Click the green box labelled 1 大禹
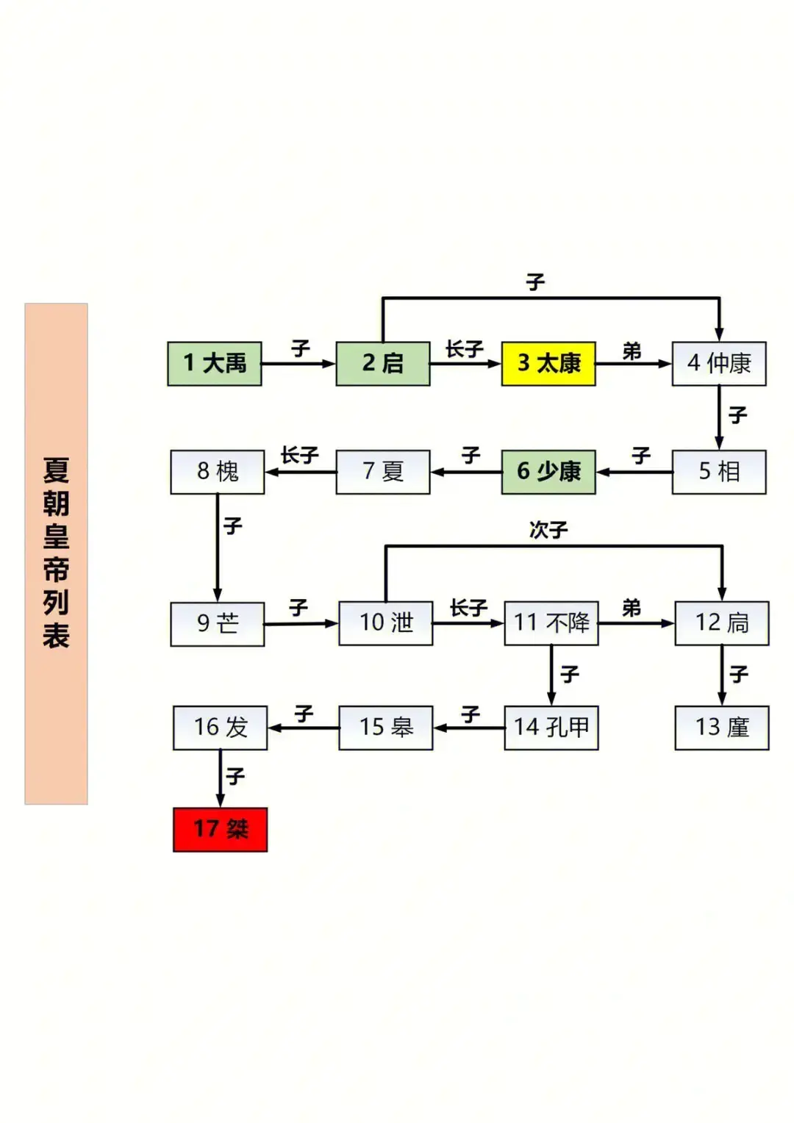coord(214,363)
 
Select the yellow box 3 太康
coord(548,363)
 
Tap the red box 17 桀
coord(220,829)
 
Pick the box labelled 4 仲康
coord(718,363)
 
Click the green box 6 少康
coord(548,471)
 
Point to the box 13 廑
coord(721,727)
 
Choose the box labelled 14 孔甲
coord(551,727)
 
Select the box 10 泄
coord(385,623)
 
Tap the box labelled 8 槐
coord(217,471)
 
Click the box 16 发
coord(220,727)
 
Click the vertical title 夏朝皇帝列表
coord(56,553)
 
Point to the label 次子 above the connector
coord(548,530)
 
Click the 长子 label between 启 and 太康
coord(464,349)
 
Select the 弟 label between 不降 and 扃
coord(631,609)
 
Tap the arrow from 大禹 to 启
coord(298,363)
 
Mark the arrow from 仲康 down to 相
coord(719,417)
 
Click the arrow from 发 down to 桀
coord(220,778)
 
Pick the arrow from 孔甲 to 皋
coord(469,728)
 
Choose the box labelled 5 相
coord(718,471)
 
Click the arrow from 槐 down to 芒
coord(217,548)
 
